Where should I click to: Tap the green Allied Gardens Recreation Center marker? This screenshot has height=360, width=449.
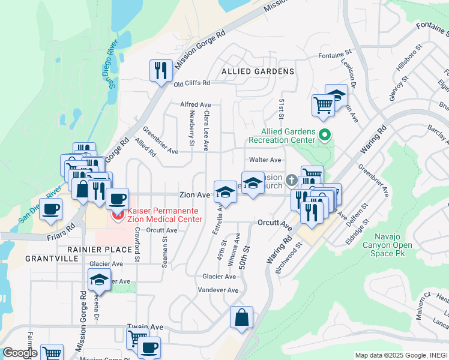tap(325, 135)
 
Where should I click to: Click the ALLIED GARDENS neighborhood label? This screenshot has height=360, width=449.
tap(258, 71)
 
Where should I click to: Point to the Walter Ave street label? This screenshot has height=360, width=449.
tap(265, 160)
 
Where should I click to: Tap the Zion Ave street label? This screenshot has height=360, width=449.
tap(195, 195)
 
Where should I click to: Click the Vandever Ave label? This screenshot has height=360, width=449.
tap(218, 290)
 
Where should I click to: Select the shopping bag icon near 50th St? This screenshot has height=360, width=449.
tap(241, 318)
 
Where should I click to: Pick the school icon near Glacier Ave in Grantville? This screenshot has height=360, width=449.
tap(99, 280)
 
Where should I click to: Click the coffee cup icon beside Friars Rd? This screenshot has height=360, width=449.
tap(51, 209)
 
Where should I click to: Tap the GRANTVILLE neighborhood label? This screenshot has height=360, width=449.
tap(52, 259)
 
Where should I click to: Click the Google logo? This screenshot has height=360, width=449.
tap(19, 353)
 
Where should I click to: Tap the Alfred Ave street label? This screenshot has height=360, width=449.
tap(196, 104)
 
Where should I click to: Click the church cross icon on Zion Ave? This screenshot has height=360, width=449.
tap(291, 180)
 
